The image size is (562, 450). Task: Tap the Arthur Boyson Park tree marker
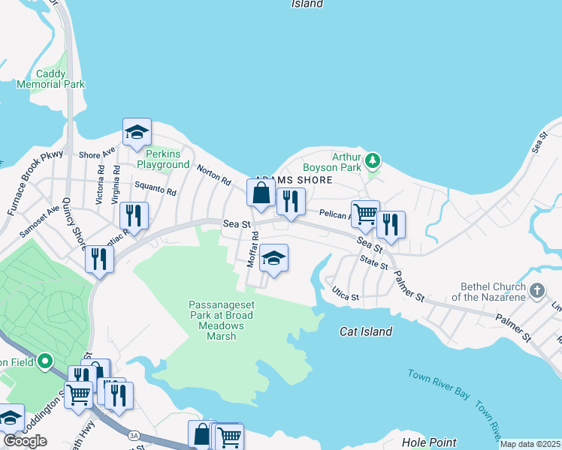click(x=372, y=160)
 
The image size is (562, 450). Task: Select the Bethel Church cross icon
click(x=536, y=290)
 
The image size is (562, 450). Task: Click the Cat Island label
click(x=366, y=331)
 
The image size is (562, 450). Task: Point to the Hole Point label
click(x=429, y=443)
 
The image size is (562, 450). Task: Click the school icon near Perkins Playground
click(x=137, y=133)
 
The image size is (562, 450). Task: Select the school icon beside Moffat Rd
click(x=273, y=259)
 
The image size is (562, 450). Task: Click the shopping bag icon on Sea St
click(x=261, y=194)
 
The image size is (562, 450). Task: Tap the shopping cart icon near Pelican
click(x=365, y=214)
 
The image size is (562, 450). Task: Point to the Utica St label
click(x=346, y=298)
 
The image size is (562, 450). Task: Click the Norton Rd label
click(x=214, y=176)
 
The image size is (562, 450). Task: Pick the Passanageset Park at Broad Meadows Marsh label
click(x=219, y=320)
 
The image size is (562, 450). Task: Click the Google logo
click(x=25, y=441)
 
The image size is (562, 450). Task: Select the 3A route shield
click(x=134, y=434)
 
